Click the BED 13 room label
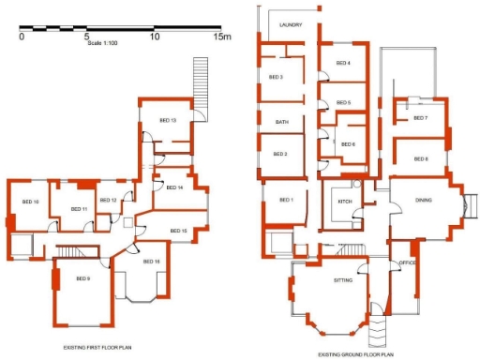168,120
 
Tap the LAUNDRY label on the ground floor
291,38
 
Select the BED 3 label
275,77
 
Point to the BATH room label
281,122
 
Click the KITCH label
343,202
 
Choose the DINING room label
424,199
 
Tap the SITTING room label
343,279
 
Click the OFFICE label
407,262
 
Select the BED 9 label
83,278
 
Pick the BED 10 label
30,202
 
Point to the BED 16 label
151,261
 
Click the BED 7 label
420,118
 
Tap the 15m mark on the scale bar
221,37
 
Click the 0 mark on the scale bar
21,37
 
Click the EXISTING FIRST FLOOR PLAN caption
102,347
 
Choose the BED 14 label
174,187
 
